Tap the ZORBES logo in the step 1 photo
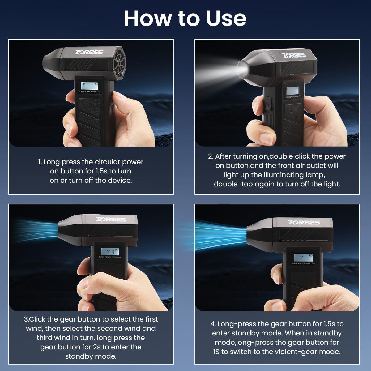(88, 52)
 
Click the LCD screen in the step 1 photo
(89, 86)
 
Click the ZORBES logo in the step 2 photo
(294, 55)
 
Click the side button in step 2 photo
(268, 103)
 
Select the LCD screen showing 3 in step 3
(110, 252)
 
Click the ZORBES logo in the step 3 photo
(111, 219)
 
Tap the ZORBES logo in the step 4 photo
(304, 222)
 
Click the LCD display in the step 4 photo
(303, 257)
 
